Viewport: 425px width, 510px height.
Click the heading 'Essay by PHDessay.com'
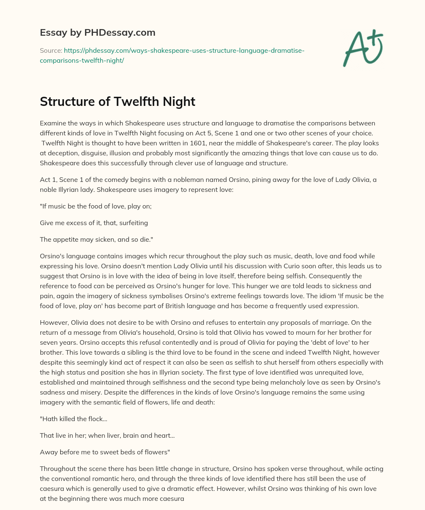[x=98, y=32]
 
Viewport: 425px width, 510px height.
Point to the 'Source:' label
[x=51, y=50]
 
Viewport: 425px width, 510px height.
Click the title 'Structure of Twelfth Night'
[x=117, y=102]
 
